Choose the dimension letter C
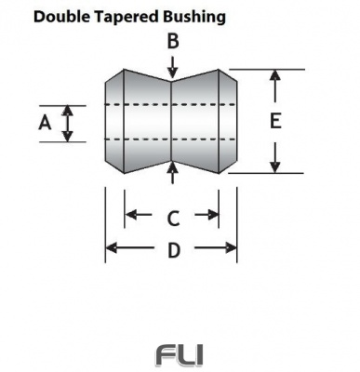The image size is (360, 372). pyautogui.click(x=172, y=219)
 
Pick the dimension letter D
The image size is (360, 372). pyautogui.click(x=172, y=249)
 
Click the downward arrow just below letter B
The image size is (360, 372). pyautogui.click(x=172, y=67)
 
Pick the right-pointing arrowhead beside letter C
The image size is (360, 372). pyautogui.click(x=213, y=215)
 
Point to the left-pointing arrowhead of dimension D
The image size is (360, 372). pyautogui.click(x=112, y=247)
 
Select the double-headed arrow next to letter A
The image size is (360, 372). pyautogui.click(x=67, y=123)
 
